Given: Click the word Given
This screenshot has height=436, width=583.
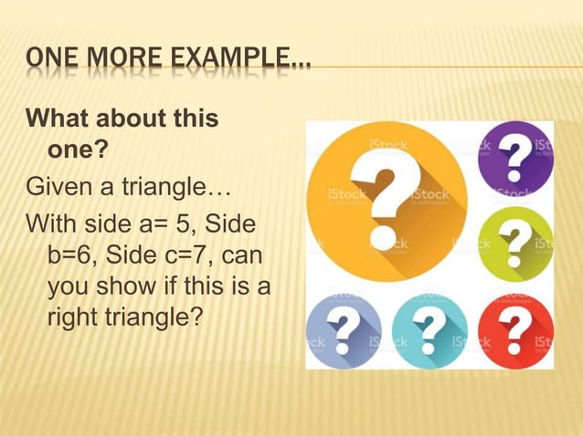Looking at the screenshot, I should coord(58,189).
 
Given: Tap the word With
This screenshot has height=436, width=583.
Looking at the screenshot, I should coord(51,224).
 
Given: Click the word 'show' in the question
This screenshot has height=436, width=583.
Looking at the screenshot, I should coord(117,287).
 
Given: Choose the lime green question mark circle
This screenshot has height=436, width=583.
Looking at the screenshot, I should coord(516,244).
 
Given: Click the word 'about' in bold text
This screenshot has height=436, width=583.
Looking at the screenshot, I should coord(129,119).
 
